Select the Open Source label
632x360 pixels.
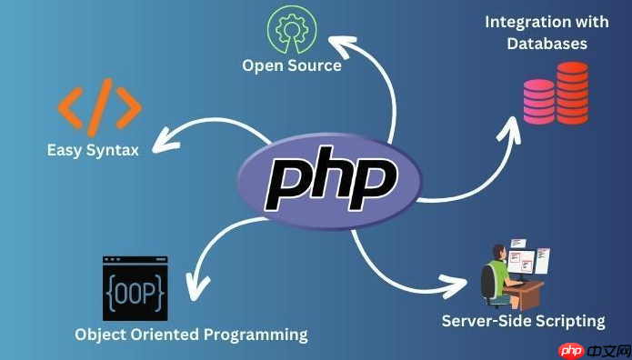(x=292, y=65)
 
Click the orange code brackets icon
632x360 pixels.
(x=100, y=106)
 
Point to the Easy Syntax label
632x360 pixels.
(x=93, y=150)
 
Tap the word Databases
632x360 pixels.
(x=547, y=43)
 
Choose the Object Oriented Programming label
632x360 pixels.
(x=191, y=335)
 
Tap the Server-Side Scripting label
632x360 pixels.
(x=523, y=320)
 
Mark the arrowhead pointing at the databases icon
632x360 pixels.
(x=514, y=122)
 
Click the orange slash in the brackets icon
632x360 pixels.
(x=101, y=106)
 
